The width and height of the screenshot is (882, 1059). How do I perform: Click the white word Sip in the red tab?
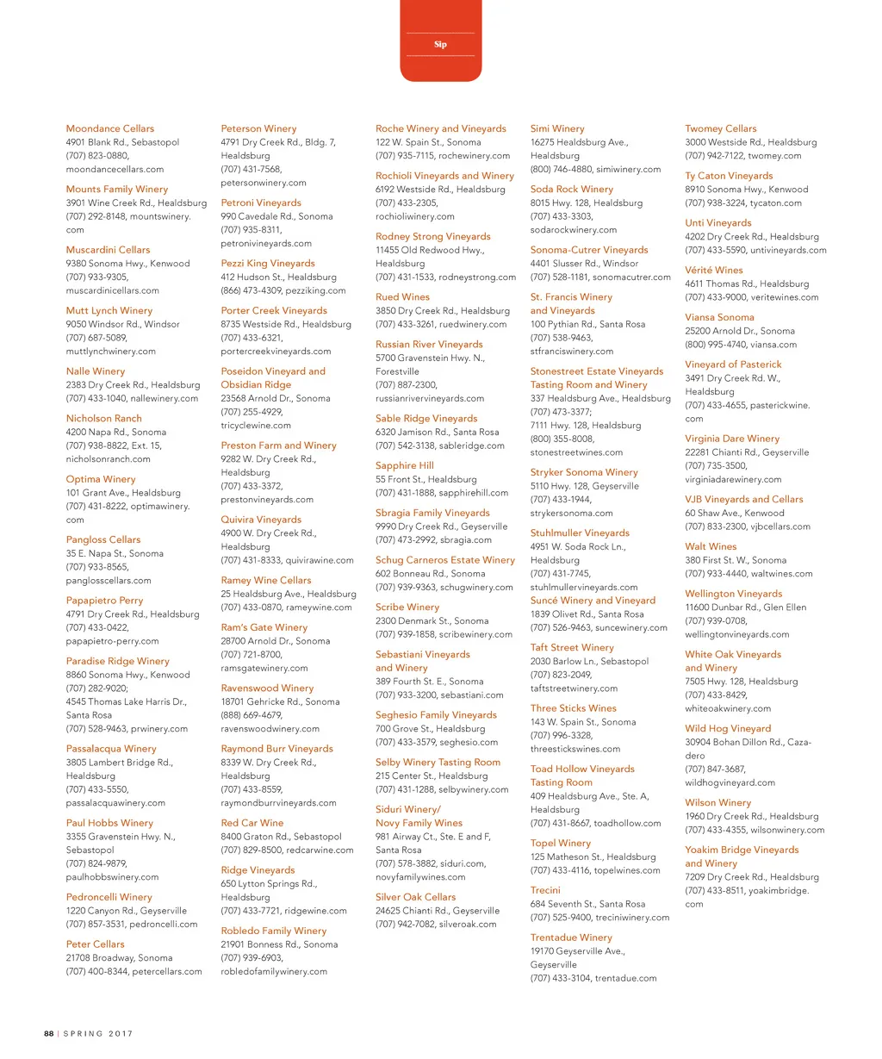440,44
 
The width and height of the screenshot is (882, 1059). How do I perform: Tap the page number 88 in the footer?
49,1033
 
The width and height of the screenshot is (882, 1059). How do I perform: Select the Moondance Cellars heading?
109,128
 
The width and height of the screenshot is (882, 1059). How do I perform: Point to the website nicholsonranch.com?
108,459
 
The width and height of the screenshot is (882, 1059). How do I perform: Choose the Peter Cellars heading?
95,944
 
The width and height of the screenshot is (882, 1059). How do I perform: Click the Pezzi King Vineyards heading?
267,264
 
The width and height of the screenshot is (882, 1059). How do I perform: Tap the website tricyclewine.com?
256,426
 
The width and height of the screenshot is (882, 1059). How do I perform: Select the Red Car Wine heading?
252,823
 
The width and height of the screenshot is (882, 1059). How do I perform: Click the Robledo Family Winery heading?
273,931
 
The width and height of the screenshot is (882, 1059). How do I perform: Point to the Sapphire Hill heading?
404,466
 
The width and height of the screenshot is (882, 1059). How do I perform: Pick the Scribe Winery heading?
407,607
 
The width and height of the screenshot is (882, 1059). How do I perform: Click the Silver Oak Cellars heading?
415,897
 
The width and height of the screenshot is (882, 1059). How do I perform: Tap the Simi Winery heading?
556,128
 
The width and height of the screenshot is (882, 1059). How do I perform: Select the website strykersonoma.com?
571,514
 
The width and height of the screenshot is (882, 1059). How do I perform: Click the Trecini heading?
545,890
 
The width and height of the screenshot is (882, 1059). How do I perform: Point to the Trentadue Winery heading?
571,938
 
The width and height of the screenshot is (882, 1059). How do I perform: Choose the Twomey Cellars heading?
720,128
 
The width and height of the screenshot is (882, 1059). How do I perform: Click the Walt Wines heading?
711,546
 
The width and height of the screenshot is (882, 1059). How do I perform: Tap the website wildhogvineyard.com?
730,783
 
